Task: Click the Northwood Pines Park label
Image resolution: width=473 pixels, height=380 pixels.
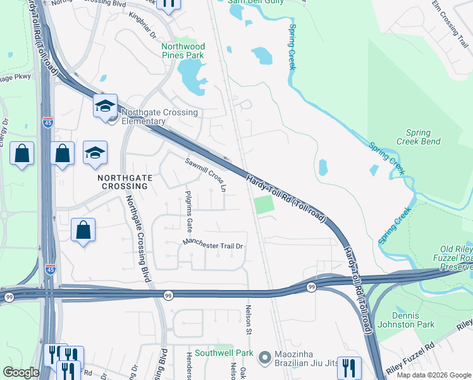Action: (183, 51)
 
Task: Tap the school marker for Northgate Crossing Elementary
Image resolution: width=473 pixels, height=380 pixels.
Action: (105, 105)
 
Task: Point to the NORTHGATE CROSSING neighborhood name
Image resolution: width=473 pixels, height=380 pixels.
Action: (125, 182)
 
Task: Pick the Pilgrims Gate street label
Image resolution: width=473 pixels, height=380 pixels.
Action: (188, 212)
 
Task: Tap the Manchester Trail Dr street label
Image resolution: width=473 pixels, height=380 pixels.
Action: (213, 244)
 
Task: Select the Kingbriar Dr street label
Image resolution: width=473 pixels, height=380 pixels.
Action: (142, 24)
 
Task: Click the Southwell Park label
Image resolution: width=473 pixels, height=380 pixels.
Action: (224, 353)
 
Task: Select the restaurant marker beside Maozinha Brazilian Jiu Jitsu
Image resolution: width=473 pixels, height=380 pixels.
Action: (348, 367)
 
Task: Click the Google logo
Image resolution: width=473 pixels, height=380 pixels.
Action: (21, 372)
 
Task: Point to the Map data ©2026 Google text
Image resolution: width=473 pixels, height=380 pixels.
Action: (433, 375)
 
